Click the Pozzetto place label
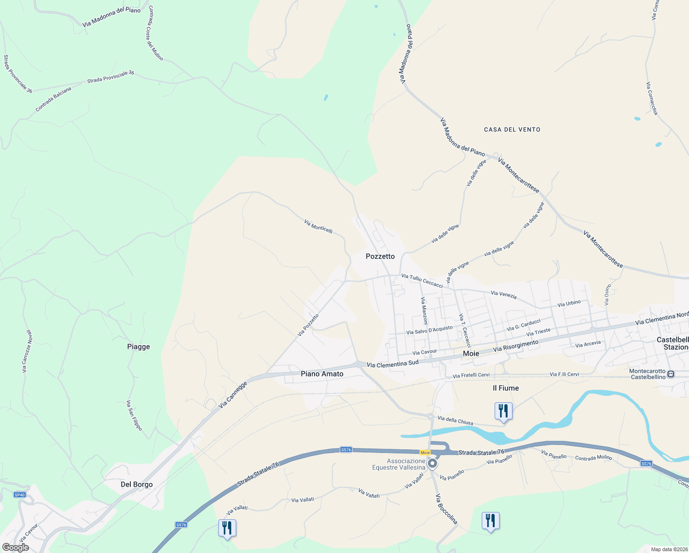tap(380, 256)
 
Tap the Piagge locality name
tap(139, 347)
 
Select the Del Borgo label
tap(136, 484)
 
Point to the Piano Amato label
tap(322, 374)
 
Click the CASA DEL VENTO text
tap(512, 129)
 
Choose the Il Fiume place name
tap(506, 388)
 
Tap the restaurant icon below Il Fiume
tap(503, 411)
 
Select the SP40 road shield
tap(19, 495)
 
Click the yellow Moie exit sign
tap(425, 453)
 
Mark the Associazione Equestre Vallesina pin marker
tap(432, 463)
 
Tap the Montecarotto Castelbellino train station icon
tap(671, 374)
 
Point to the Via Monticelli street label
tap(318, 226)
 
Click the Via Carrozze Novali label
tap(27, 351)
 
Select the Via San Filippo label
tap(134, 415)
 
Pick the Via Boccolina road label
tap(447, 509)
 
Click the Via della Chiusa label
tap(455, 420)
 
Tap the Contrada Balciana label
tap(53, 99)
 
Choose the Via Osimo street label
tap(607, 295)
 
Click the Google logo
tap(16, 547)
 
